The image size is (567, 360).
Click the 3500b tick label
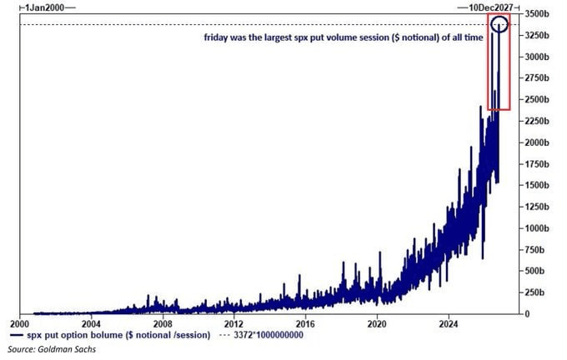[537, 14]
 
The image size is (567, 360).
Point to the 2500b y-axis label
[537, 100]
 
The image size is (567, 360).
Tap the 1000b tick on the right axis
[537, 228]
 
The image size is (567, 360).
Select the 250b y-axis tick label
[534, 292]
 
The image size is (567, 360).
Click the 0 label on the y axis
[527, 314]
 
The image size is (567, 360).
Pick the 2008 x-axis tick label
[163, 324]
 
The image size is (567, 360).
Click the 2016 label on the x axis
[305, 324]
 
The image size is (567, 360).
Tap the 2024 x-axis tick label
[449, 324]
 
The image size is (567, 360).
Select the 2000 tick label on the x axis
[20, 324]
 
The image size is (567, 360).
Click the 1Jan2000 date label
[44, 7]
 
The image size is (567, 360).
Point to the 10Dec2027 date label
[491, 7]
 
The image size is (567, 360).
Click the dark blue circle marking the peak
[500, 17]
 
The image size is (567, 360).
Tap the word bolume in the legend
[109, 335]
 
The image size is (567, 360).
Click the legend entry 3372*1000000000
[268, 335]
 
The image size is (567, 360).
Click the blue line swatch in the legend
[17, 336]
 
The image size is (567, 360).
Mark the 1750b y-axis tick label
[537, 164]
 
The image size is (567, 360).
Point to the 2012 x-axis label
[234, 324]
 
